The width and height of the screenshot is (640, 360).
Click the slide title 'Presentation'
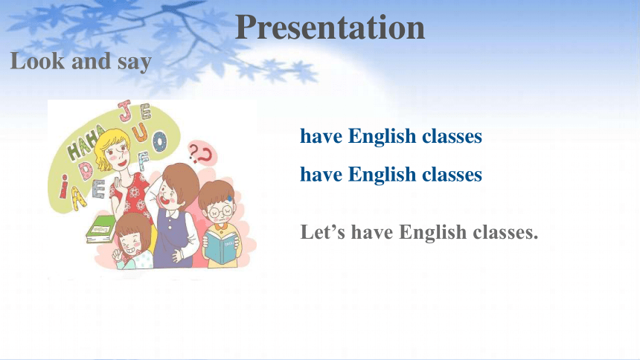tap(330, 28)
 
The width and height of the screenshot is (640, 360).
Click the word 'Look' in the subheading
tap(37, 61)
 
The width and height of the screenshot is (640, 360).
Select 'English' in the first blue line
tap(382, 136)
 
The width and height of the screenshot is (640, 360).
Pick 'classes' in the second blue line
tap(452, 174)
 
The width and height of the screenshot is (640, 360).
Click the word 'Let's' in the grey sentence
tap(323, 232)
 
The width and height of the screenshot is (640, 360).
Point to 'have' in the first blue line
tap(321, 136)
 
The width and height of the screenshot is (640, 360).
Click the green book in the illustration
tap(99, 230)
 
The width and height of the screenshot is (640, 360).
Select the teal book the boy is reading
tap(221, 248)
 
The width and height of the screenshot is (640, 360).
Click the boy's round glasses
tap(220, 212)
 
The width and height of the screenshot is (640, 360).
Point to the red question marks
tap(202, 153)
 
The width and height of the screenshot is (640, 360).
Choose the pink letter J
tap(125, 111)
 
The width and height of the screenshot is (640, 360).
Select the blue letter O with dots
tap(159, 141)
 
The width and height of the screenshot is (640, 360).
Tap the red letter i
tap(64, 186)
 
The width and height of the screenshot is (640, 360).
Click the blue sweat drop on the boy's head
tap(230, 199)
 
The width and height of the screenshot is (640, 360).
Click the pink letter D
tap(86, 170)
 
